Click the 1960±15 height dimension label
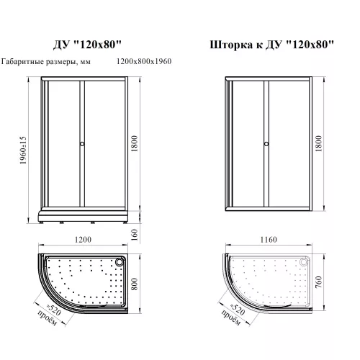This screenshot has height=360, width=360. coord(23,150)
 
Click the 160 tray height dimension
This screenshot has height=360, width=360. coord(135,235)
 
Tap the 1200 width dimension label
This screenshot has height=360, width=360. coord(83,240)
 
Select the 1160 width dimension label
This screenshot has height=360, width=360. coord(269,240)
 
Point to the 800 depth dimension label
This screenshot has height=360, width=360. coord(135,284)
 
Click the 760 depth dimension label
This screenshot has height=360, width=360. coord(318,282)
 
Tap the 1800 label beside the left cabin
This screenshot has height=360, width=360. coord(135,143)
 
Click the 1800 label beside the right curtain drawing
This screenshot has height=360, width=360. coord(318,143)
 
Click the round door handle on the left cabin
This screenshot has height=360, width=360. coord(82,144)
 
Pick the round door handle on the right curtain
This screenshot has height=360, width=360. coord(266,144)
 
